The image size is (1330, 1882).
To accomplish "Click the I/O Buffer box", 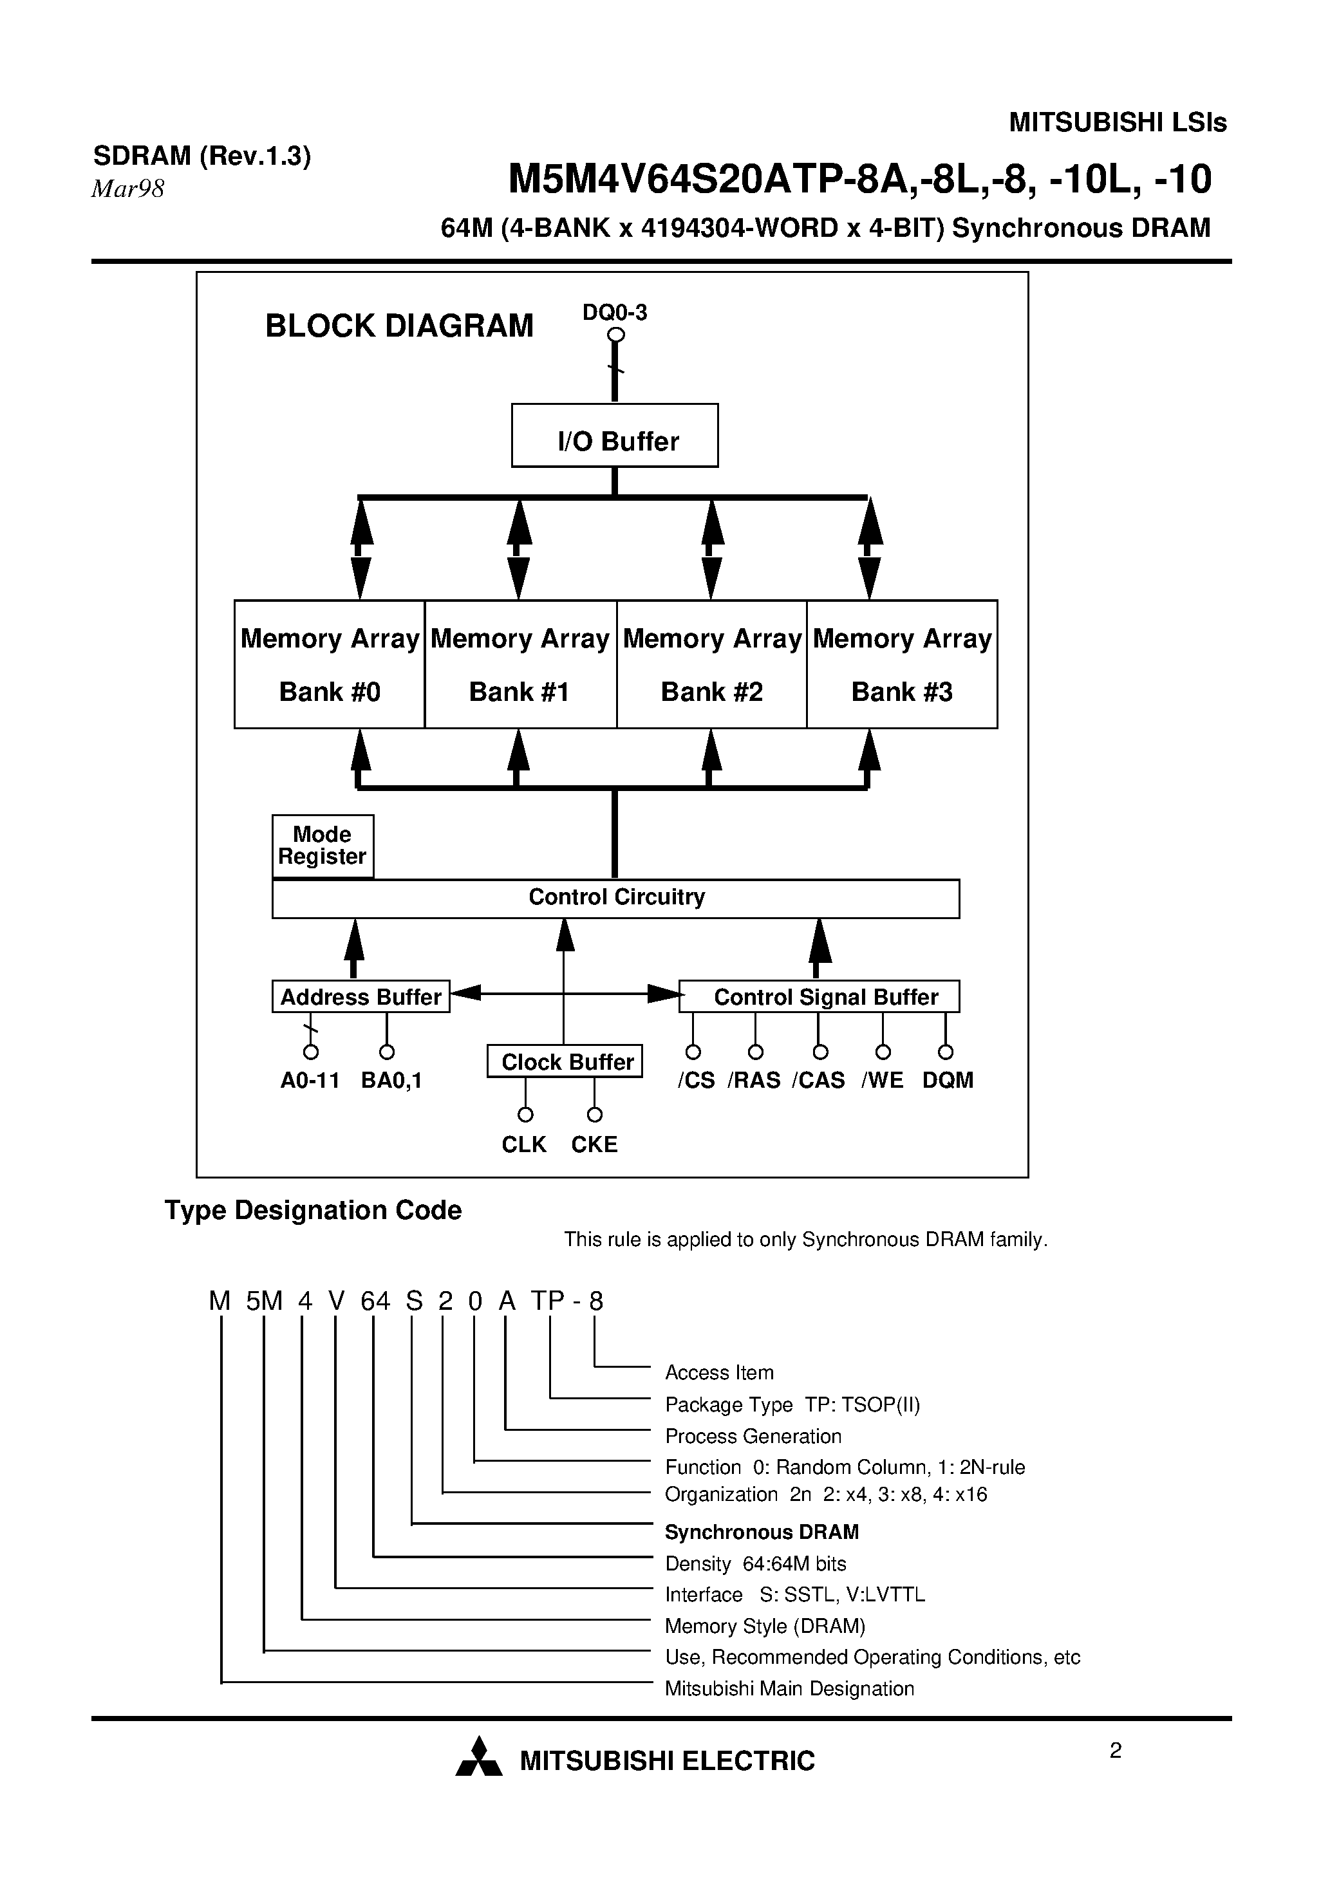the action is pyautogui.click(x=615, y=435).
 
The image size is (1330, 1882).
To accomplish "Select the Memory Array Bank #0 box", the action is pyautogui.click(x=330, y=664).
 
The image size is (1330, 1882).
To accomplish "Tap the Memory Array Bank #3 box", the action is pyautogui.click(x=902, y=664).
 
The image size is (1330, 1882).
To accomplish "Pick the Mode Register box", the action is pyautogui.click(x=323, y=846).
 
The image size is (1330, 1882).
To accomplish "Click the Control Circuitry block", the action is pyautogui.click(x=616, y=899).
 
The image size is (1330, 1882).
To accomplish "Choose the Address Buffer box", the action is pyautogui.click(x=361, y=997).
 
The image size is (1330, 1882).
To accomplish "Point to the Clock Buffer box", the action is pyautogui.click(x=565, y=1061).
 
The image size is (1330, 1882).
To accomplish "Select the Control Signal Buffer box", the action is pyautogui.click(x=819, y=997).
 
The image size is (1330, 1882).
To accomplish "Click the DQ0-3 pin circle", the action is pyautogui.click(x=616, y=335).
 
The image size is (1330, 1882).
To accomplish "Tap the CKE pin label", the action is pyautogui.click(x=594, y=1144).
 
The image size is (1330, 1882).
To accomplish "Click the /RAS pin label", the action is pyautogui.click(x=754, y=1080).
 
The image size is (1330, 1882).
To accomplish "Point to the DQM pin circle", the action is pyautogui.click(x=946, y=1052).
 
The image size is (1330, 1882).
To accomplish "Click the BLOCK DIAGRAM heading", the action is pyautogui.click(x=399, y=326).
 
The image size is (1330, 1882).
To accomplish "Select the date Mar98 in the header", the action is pyautogui.click(x=128, y=189).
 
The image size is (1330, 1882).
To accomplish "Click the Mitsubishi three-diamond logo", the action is pyautogui.click(x=479, y=1757).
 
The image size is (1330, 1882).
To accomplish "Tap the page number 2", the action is pyautogui.click(x=1115, y=1751).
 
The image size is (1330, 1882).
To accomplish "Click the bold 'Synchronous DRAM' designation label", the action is pyautogui.click(x=762, y=1532).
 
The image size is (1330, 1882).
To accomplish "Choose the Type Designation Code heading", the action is pyautogui.click(x=314, y=1211).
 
